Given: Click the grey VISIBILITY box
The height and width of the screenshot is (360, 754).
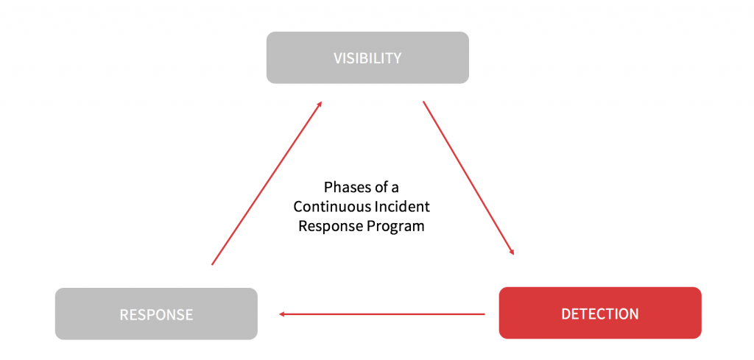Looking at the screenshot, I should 367,57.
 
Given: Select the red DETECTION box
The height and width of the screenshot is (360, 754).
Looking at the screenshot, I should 599,313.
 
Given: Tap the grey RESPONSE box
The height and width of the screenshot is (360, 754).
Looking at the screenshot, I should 156,314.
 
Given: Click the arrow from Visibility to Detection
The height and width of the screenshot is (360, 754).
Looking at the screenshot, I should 468,178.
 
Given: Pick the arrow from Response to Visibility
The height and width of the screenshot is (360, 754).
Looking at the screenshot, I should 267,183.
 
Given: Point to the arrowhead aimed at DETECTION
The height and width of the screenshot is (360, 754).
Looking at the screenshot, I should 511,251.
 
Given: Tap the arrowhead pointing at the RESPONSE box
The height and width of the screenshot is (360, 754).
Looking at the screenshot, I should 283,314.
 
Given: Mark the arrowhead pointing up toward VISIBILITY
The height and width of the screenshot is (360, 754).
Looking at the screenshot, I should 319,105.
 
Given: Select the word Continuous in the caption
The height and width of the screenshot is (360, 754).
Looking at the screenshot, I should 328,207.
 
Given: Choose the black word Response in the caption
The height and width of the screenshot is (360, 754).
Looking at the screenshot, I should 329,226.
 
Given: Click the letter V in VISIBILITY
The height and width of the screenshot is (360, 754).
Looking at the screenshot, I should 338,58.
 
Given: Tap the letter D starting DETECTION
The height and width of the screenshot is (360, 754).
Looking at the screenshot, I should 565,314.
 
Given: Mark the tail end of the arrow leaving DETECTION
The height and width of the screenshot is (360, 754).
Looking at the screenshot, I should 483,314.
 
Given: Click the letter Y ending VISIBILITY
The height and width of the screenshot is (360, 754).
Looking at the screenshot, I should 398,58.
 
